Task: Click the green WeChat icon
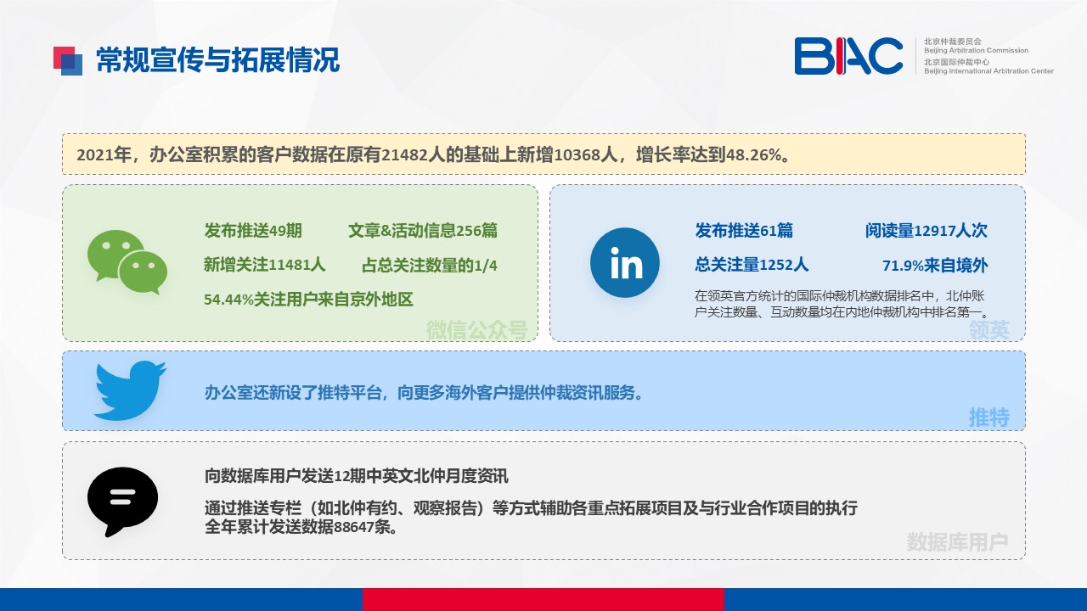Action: [x=127, y=262]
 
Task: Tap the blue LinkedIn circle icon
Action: [x=624, y=262]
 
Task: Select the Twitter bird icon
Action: [x=130, y=390]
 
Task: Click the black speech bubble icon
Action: [x=122, y=502]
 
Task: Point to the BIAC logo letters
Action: [x=848, y=56]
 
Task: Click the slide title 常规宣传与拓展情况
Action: [x=217, y=60]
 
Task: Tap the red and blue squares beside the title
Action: [x=67, y=60]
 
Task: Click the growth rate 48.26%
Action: [x=753, y=154]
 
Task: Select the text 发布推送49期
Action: [x=253, y=230]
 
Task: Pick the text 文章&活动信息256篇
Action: [x=423, y=230]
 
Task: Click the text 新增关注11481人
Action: [x=264, y=265]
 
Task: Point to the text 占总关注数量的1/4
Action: [x=430, y=266]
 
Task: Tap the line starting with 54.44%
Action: [x=308, y=300]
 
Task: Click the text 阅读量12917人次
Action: [x=926, y=230]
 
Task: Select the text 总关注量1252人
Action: [x=752, y=265]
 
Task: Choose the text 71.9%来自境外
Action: [x=935, y=266]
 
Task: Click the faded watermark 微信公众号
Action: [x=476, y=330]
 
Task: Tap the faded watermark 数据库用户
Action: [x=957, y=541]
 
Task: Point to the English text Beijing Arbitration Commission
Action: [x=976, y=50]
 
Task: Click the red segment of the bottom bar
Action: [x=543, y=599]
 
